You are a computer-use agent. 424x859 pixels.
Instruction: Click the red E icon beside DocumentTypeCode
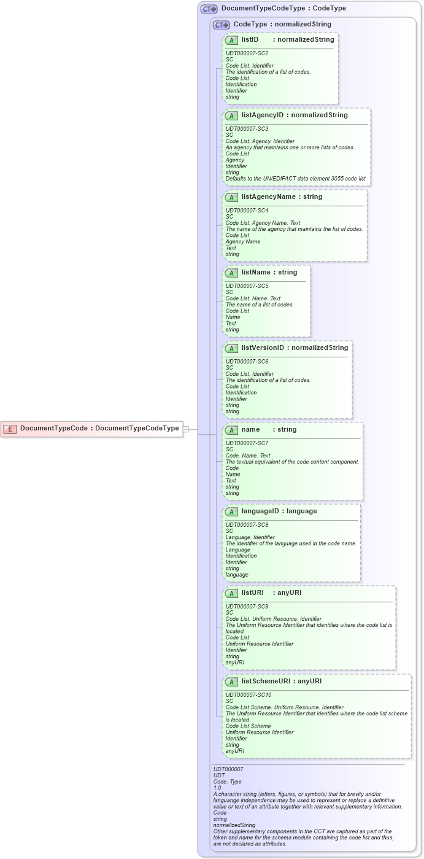(10, 429)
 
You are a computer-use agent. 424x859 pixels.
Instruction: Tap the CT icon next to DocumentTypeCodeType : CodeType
(209, 9)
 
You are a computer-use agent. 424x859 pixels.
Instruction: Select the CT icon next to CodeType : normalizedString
(221, 25)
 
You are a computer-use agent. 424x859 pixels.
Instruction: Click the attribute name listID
(250, 40)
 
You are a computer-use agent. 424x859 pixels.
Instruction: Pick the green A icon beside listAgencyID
(231, 115)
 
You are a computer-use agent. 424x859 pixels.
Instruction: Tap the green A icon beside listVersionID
(231, 348)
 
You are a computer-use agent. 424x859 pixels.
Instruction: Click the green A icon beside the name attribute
(231, 430)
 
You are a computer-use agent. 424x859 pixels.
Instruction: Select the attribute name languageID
(262, 511)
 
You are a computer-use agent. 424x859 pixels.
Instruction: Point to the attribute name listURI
(252, 593)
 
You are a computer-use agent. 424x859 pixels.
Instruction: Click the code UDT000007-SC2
(247, 53)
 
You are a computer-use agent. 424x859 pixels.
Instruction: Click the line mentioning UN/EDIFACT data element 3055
(296, 179)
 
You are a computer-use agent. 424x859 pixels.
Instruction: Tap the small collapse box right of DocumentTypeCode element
(186, 429)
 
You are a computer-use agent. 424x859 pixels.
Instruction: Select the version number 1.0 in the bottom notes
(217, 787)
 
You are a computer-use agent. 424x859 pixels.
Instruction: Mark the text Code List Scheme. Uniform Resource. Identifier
(284, 707)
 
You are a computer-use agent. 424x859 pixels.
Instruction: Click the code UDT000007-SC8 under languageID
(247, 525)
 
